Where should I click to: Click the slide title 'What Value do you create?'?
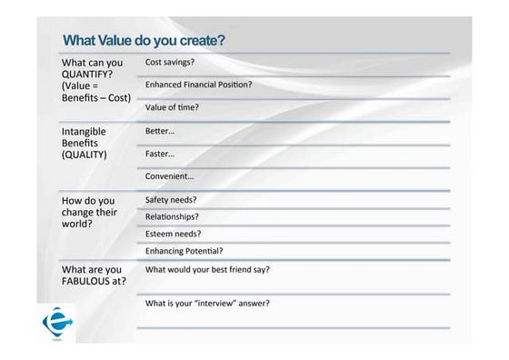pos(144,41)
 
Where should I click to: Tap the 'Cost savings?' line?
pos(170,62)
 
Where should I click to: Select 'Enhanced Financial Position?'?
pos(198,85)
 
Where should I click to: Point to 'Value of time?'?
pos(172,107)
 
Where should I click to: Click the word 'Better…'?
pos(160,131)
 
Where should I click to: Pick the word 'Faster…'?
pos(160,154)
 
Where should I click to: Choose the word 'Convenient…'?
pos(169,176)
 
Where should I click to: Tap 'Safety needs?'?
pos(171,199)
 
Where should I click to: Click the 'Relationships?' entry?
pos(172,216)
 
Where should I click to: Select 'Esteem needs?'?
pos(173,234)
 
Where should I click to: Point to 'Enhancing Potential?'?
pos(184,251)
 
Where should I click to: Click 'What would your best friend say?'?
pos(207,269)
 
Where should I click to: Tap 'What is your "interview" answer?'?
pos(207,303)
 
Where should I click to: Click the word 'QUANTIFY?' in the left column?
pos(87,75)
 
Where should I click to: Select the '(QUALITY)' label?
pos(84,155)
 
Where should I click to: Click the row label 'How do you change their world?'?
pos(88,212)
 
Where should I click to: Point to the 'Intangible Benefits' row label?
pos(84,137)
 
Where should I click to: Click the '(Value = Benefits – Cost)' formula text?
pos(95,92)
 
